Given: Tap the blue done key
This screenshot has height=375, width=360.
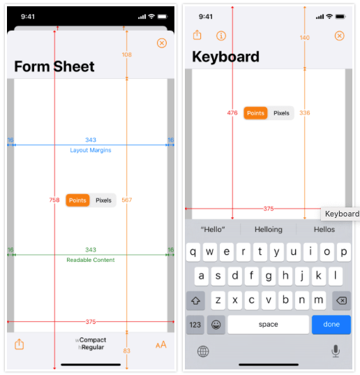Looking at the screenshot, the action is click(331, 325).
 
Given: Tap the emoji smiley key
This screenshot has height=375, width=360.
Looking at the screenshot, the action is click(216, 325).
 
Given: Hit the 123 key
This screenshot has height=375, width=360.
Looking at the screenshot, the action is click(195, 325).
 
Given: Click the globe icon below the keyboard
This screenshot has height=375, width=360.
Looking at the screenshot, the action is click(203, 351).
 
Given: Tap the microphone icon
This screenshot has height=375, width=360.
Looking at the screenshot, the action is click(336, 351).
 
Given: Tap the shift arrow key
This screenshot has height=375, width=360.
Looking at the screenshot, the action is click(195, 300).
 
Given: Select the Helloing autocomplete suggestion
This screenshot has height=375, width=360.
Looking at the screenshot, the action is click(269, 229).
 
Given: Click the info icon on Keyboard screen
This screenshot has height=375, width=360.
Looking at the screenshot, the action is click(221, 36).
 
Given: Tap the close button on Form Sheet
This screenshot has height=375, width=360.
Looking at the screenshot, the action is click(162, 43).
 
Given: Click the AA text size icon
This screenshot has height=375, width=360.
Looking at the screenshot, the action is click(161, 345).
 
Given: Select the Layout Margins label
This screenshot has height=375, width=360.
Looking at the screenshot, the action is click(91, 150).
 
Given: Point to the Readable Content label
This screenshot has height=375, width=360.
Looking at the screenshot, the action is click(91, 260).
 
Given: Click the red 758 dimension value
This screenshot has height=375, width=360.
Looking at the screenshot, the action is click(54, 200).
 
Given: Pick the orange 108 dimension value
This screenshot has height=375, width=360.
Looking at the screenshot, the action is click(126, 54).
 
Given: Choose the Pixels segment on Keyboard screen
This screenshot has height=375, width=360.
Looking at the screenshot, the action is click(281, 113).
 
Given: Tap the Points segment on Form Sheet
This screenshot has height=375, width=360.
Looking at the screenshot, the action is click(77, 200).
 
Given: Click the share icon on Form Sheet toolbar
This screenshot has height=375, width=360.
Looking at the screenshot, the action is click(20, 344).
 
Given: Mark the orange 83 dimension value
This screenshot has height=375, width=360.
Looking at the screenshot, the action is click(126, 351).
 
